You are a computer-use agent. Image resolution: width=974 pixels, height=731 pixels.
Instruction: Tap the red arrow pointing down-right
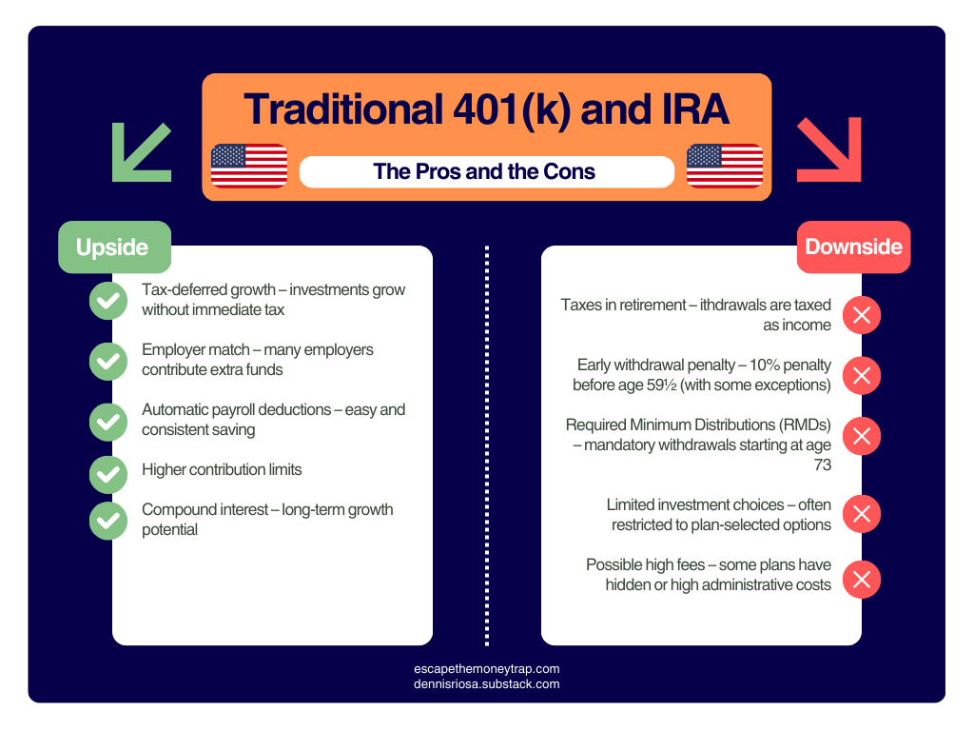[828, 149]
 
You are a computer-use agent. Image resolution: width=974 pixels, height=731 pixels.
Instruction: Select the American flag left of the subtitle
[249, 166]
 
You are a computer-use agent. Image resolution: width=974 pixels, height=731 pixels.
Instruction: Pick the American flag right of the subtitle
[725, 166]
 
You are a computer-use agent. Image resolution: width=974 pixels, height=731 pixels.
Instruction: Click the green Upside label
[113, 247]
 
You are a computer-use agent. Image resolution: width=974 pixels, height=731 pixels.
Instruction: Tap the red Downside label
[853, 247]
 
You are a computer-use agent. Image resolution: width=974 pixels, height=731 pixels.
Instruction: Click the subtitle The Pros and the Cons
[485, 172]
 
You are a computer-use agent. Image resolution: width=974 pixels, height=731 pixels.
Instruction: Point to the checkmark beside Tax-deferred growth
[108, 300]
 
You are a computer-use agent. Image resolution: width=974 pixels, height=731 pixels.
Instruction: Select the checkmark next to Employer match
[108, 360]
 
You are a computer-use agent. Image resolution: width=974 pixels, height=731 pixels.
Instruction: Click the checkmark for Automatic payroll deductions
[108, 421]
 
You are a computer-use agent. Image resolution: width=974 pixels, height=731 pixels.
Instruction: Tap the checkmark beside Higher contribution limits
[108, 473]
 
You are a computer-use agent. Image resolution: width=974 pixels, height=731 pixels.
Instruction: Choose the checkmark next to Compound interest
[108, 519]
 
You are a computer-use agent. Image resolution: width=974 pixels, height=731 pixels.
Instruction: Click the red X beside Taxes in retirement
[862, 315]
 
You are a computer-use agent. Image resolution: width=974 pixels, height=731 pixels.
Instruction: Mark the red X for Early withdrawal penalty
[862, 376]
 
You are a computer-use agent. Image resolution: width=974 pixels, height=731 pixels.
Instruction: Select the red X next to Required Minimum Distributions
[862, 436]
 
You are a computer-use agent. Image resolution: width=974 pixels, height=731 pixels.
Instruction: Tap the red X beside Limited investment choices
[862, 515]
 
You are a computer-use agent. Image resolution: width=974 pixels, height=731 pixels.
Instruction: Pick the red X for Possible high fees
[862, 580]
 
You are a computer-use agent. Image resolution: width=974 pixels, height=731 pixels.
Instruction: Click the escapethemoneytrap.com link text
[487, 669]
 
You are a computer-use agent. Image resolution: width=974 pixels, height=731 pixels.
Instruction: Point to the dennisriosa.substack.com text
[487, 684]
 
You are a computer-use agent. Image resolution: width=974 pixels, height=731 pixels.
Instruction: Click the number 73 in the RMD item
[822, 465]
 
